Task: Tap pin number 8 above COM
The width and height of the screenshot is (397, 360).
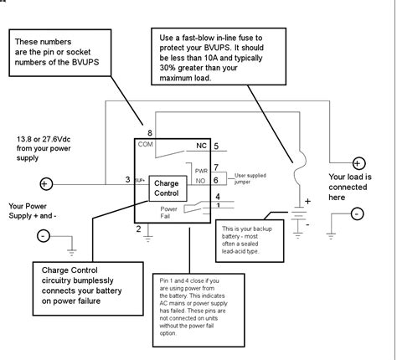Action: click(149, 133)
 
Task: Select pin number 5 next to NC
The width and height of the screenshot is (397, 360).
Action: click(215, 147)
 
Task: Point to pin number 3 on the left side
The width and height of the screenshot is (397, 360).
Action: click(128, 179)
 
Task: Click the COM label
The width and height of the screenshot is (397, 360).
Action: click(146, 144)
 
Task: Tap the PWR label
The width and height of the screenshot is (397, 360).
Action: click(200, 170)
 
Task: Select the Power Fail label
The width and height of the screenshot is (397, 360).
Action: click(169, 213)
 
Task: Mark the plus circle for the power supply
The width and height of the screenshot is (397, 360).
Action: click(47, 183)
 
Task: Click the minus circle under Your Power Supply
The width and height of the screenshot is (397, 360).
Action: click(44, 236)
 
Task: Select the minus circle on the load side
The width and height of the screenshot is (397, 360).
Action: click(358, 214)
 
